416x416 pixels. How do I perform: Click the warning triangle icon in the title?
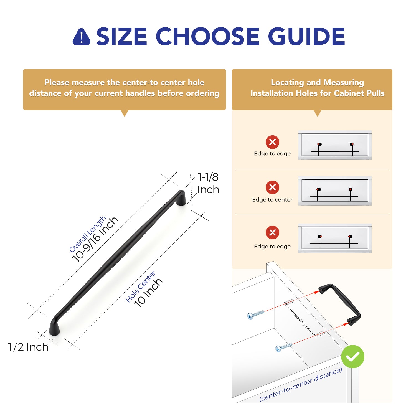[82, 37]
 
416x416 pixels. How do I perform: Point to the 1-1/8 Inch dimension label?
[208, 183]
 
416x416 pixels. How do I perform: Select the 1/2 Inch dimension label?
[28, 347]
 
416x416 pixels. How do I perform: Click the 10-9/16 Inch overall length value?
[95, 239]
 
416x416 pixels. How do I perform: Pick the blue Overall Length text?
[88, 234]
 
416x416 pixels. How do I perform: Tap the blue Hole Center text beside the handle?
[140, 286]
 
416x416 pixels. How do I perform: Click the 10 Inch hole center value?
[148, 293]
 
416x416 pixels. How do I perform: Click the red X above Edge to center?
[272, 187]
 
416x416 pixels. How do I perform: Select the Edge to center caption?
[272, 200]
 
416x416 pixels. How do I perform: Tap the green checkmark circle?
[352, 357]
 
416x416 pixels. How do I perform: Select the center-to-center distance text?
[301, 384]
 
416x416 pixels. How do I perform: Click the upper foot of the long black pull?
[181, 198]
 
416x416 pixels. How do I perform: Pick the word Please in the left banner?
[57, 82]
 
